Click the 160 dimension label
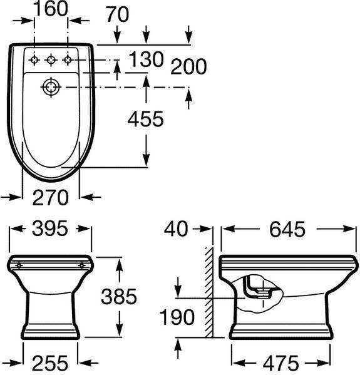click(x=51, y=9)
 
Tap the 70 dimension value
click(x=117, y=15)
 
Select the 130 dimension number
click(x=146, y=59)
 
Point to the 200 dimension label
click(x=188, y=66)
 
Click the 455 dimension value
click(x=146, y=119)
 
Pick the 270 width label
click(x=51, y=198)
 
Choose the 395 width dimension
click(x=50, y=229)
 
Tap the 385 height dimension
click(x=119, y=297)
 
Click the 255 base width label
click(x=50, y=363)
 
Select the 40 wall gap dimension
click(x=176, y=229)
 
